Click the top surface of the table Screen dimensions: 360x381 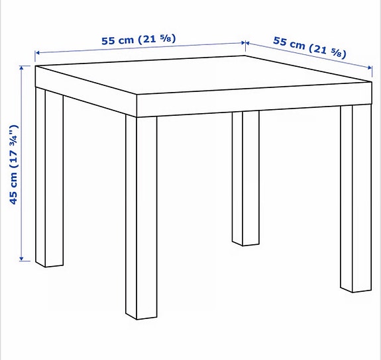click(x=199, y=76)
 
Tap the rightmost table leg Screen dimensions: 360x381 click(x=355, y=199)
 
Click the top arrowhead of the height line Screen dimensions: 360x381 click(x=23, y=67)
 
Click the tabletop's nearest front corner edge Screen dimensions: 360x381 click(x=136, y=105)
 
